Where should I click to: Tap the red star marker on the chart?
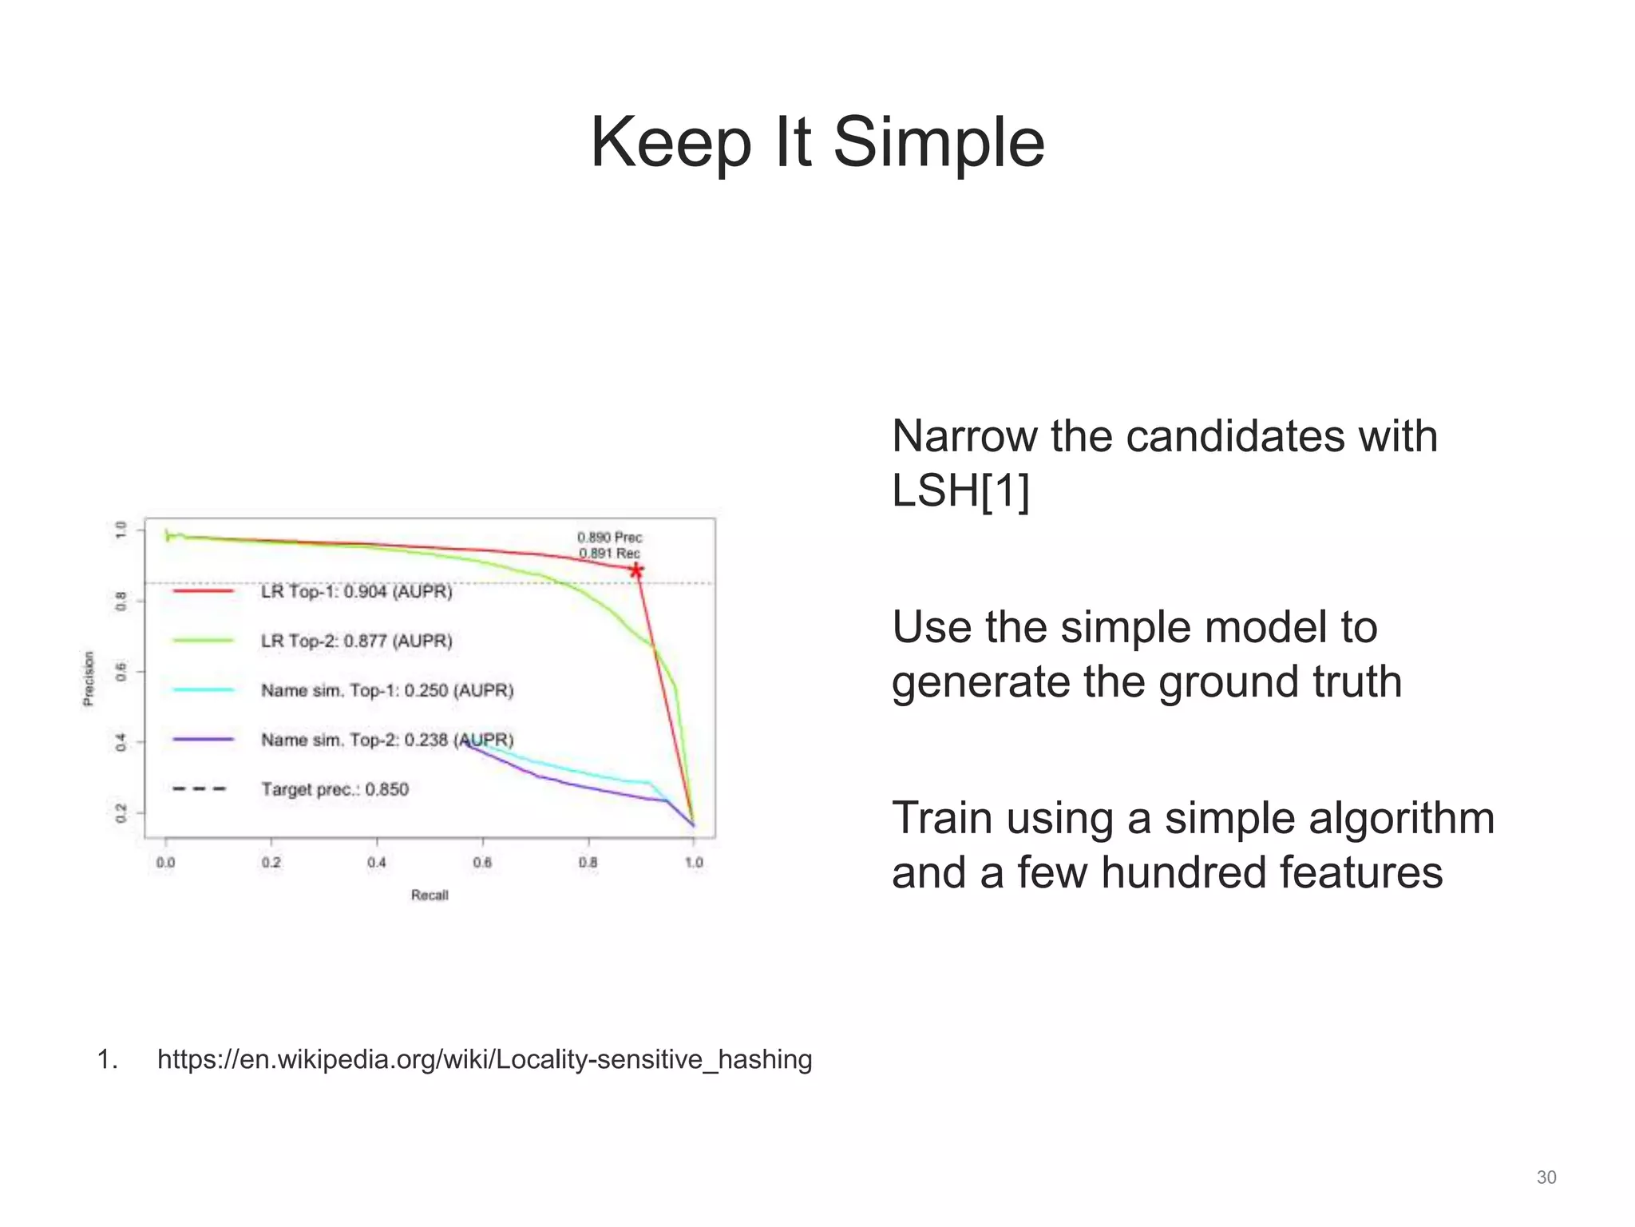point(636,570)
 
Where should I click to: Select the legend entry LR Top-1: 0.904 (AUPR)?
point(356,592)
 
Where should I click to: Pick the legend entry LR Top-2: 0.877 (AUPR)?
point(356,641)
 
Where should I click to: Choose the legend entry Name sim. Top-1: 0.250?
point(386,691)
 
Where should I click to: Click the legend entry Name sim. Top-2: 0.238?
point(386,741)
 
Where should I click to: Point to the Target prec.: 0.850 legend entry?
point(335,790)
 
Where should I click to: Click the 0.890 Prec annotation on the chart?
point(609,538)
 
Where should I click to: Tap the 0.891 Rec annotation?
point(609,554)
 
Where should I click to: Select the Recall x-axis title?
point(430,895)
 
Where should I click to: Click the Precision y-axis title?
point(89,679)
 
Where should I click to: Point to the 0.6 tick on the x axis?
point(482,863)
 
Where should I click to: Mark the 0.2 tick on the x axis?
point(271,863)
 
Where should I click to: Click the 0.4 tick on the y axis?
point(121,742)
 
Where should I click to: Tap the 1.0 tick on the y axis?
point(121,530)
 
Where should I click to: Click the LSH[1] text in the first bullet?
point(960,490)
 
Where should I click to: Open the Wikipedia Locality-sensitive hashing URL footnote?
point(485,1060)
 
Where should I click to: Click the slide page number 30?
point(1546,1177)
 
